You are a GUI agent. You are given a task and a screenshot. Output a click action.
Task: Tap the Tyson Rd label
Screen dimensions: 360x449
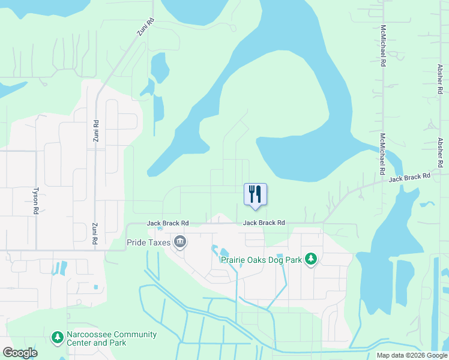point(36,200)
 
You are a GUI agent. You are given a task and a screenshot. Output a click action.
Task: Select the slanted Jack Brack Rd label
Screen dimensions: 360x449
point(410,178)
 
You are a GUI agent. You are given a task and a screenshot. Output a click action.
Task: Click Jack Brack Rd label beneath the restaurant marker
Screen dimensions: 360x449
point(264,223)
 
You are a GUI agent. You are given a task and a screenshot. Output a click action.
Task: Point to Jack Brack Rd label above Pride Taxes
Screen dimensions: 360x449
point(168,223)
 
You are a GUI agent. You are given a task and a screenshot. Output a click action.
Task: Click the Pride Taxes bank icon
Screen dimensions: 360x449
point(179,242)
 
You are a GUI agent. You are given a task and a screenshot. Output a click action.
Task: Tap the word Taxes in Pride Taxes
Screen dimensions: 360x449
point(158,243)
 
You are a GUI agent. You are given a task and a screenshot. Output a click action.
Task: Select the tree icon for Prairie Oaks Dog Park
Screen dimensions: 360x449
point(310,259)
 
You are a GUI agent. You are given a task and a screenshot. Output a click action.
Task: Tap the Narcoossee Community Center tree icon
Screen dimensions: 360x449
point(57,338)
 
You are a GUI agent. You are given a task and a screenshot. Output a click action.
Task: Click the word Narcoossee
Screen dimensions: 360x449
point(88,335)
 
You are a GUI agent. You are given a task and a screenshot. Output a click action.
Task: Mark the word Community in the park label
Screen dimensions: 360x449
point(133,335)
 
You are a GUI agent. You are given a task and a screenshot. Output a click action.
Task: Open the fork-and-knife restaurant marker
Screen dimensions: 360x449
point(255,194)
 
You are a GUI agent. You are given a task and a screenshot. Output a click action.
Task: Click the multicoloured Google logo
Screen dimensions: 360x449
point(20,353)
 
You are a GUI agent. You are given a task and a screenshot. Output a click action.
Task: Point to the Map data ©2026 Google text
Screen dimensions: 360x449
point(411,355)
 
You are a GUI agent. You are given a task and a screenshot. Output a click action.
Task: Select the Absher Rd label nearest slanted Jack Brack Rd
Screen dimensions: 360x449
point(440,152)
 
